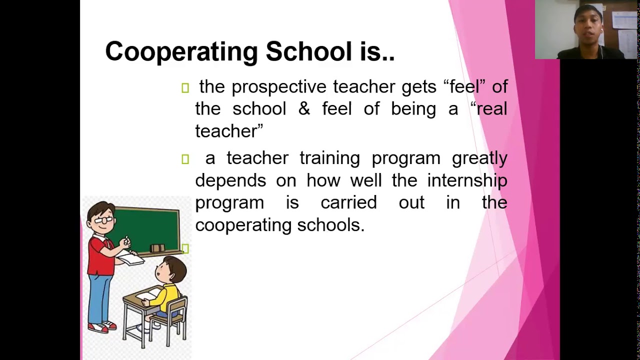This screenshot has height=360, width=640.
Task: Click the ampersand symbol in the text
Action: pos(304,109)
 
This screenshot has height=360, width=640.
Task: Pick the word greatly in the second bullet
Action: pos(479,158)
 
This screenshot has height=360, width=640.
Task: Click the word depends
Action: pos(230,180)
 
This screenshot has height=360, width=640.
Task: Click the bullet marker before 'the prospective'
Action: pos(185,88)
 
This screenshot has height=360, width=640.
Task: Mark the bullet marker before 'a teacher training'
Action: pos(185,159)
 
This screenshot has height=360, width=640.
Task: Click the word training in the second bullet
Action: pos(329,158)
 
